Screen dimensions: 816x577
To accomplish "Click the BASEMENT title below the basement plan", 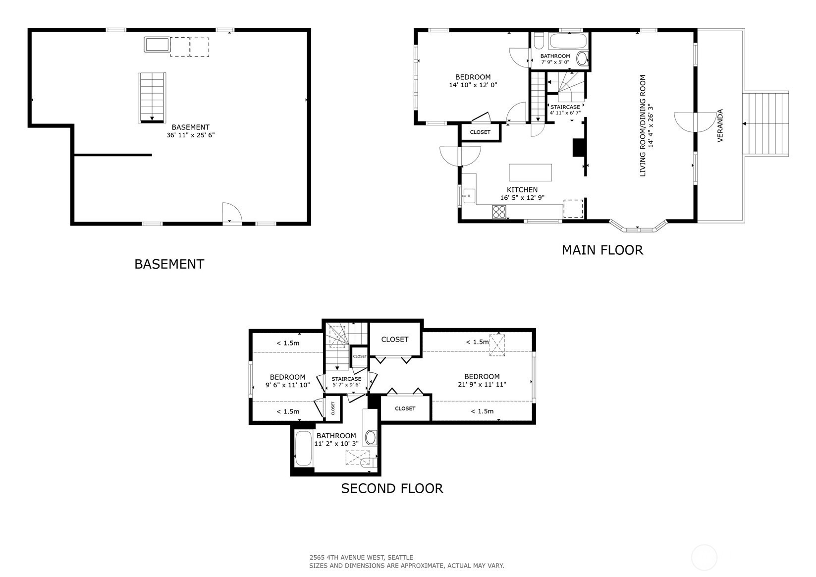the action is click(x=169, y=264).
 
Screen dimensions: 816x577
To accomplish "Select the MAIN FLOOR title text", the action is click(x=602, y=250).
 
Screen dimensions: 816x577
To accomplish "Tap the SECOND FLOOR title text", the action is click(x=392, y=488).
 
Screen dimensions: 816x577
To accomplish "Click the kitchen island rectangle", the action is click(x=531, y=173).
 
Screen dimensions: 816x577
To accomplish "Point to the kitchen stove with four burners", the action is click(x=499, y=212).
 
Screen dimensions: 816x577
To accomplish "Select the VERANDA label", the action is click(x=720, y=125).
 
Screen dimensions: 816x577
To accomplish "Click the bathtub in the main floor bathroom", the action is click(x=568, y=41).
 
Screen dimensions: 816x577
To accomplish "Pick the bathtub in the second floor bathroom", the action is click(x=303, y=449).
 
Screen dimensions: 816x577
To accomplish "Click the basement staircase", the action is click(x=152, y=98).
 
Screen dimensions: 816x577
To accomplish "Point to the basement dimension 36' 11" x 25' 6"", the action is click(x=191, y=135).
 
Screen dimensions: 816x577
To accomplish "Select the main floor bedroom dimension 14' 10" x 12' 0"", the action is click(x=473, y=85).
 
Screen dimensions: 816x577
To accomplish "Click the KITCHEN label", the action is click(x=522, y=190).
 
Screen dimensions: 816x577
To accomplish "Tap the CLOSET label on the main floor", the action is click(x=480, y=132).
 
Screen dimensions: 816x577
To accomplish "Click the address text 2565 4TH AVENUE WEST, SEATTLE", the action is click(x=361, y=557).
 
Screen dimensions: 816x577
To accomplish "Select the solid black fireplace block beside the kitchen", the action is click(x=579, y=148).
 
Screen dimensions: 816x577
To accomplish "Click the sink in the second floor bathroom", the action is click(x=371, y=437).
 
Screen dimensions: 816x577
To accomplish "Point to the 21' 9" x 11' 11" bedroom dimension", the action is click(x=482, y=384).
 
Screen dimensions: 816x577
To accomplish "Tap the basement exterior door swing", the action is click(x=232, y=213).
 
